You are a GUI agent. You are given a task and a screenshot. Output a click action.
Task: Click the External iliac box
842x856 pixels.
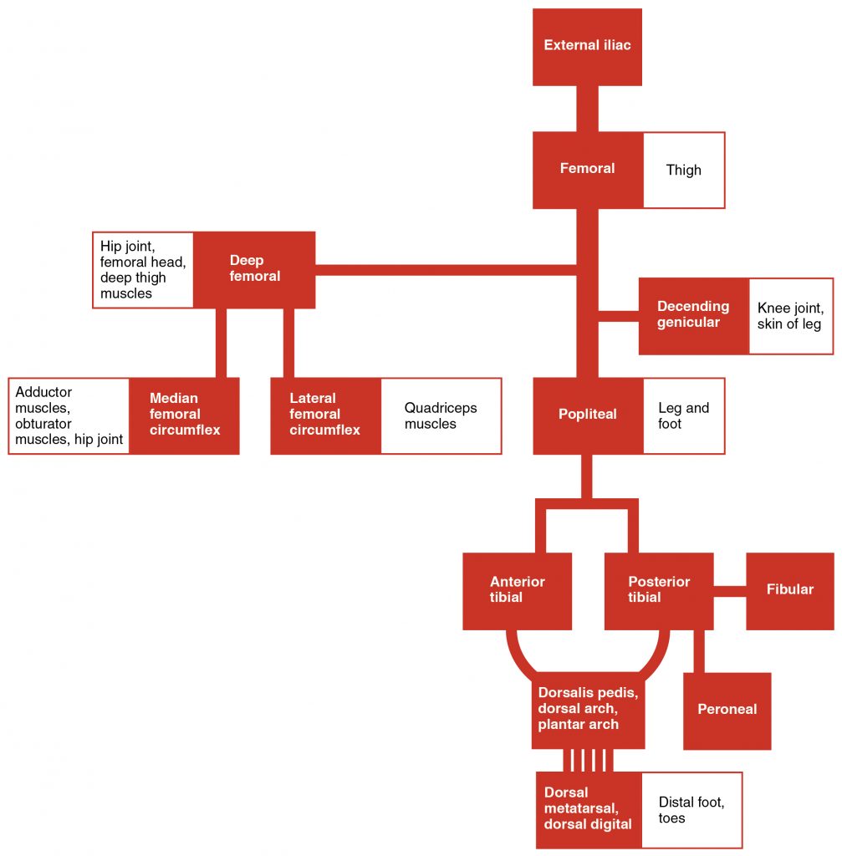click(587, 47)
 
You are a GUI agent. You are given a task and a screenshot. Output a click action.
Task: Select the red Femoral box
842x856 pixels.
click(587, 170)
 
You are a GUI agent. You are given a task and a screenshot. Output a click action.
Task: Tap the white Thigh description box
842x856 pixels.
click(683, 170)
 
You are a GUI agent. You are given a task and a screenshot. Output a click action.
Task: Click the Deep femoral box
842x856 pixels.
click(254, 269)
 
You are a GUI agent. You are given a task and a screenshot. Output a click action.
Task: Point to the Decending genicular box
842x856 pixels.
click(693, 315)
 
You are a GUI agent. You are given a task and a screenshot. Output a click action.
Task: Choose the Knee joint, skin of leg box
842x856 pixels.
click(790, 316)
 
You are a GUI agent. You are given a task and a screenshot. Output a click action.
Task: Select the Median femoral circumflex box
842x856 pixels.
click(184, 415)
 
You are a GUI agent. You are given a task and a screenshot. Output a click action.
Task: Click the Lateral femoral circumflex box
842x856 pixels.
click(325, 415)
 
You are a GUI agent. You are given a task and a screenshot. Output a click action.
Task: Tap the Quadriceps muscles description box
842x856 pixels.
click(441, 415)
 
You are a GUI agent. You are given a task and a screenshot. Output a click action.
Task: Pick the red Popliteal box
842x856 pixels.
click(587, 415)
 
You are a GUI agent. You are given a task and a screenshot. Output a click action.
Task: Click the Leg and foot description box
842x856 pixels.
click(683, 415)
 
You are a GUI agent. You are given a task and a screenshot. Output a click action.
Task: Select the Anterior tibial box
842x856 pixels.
click(517, 590)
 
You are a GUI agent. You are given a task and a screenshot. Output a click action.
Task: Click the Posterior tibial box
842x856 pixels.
click(659, 590)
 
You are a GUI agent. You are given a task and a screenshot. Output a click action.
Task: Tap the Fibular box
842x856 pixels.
click(789, 590)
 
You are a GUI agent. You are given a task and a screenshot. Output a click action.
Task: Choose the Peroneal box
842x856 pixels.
click(727, 710)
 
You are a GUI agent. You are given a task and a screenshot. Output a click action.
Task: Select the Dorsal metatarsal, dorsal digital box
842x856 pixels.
click(588, 808)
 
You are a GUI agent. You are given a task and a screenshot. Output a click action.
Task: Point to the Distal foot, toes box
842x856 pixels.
click(691, 809)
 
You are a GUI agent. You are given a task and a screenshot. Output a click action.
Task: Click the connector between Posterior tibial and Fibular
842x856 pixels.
click(730, 591)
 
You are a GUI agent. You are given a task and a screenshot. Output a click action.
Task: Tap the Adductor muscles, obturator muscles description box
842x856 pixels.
click(69, 415)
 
